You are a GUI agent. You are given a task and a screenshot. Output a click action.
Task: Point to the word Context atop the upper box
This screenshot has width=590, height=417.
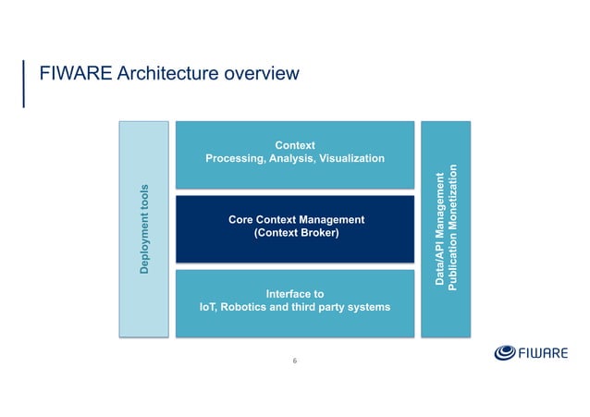coord(295,145)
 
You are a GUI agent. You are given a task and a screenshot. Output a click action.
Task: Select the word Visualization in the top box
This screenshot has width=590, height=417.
coord(349,159)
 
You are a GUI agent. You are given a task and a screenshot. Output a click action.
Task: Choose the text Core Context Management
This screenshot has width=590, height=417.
coord(295,219)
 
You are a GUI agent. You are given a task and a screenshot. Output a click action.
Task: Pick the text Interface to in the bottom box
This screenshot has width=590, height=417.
coord(294,293)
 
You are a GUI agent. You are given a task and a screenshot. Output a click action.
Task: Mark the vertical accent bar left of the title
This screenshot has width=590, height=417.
coord(24,84)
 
